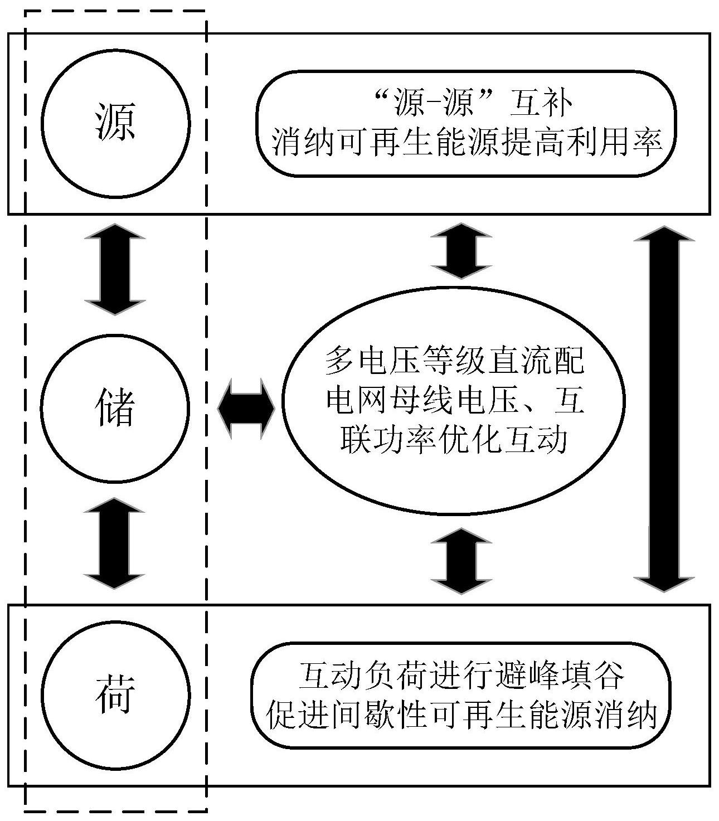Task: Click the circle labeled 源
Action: pos(115,123)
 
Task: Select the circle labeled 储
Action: pos(115,409)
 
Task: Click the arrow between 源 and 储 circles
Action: pos(115,269)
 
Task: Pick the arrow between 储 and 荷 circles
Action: pos(115,543)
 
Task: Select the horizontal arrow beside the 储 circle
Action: pos(246,409)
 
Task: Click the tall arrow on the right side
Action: pos(664,409)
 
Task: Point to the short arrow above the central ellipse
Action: pos(461,251)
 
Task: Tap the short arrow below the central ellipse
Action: pos(461,560)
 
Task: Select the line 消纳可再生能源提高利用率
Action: pos(467,144)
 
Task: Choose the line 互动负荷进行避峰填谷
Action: pos(461,675)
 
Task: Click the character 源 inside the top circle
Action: pos(115,123)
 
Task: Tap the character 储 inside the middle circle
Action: pos(115,409)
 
